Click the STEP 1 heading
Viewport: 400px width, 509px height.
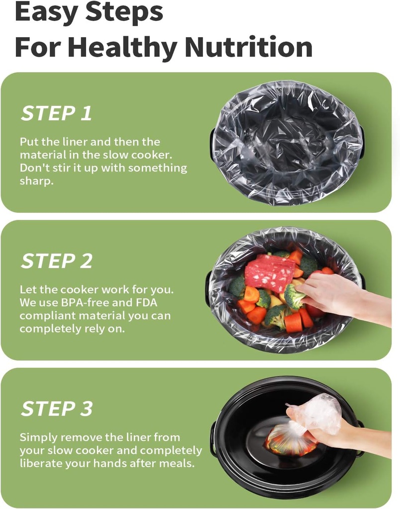point(56,113)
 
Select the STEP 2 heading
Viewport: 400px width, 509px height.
point(57,261)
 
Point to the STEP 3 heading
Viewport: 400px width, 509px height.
point(57,409)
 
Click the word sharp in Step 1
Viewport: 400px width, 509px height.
point(36,181)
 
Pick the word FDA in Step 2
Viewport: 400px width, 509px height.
point(148,302)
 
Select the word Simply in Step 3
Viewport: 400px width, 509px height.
point(38,437)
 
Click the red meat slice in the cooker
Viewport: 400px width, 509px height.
point(270,272)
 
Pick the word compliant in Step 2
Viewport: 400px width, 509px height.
point(45,315)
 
